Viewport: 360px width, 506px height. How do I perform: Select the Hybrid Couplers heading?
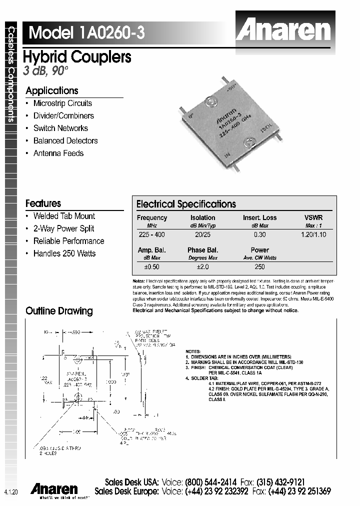pos(77,57)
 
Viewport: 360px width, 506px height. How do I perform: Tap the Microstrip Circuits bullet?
pos(62,103)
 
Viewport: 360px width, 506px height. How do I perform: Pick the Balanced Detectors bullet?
pos(65,141)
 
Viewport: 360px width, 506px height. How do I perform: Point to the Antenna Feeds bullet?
pos(58,153)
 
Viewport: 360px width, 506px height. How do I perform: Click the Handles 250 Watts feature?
pos(64,253)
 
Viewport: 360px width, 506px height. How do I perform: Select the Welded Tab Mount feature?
pos(63,216)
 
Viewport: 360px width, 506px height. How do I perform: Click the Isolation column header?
pos(202,217)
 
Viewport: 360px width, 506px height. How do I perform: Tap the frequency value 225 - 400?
pos(151,234)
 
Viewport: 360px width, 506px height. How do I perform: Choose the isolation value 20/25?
pos(202,234)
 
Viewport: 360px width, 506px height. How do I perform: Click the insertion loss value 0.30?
pos(259,234)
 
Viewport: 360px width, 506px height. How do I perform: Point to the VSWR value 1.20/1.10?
pos(313,234)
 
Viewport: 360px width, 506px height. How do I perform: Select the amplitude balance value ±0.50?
pos(151,266)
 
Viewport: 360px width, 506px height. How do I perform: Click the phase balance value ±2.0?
pos(202,266)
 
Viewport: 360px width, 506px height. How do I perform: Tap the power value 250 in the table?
pos(259,266)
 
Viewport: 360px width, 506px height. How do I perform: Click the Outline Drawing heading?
pos(59,311)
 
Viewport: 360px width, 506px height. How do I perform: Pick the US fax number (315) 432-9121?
pos(280,482)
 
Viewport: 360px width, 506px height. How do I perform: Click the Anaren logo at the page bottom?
pos(54,488)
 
